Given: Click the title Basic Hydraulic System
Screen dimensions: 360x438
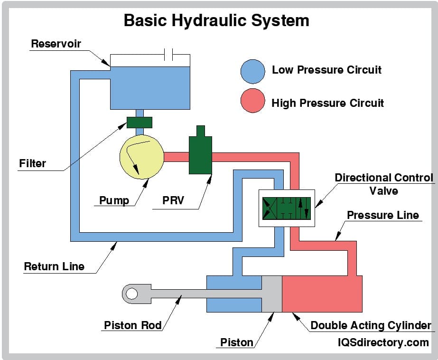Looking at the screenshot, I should coord(216,20).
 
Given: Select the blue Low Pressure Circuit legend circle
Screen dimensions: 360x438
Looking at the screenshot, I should coord(252,71).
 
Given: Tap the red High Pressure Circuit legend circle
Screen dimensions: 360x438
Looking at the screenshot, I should coord(252,101).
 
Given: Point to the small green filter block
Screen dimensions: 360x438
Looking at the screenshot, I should coord(140,122).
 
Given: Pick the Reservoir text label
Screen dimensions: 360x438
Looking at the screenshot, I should coord(56,44).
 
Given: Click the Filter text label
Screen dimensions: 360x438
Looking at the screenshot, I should coord(33,164).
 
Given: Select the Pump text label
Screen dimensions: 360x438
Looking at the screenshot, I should coord(114,200).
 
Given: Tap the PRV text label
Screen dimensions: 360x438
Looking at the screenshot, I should coord(173,200).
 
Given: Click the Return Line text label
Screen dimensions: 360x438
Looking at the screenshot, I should coord(54,266).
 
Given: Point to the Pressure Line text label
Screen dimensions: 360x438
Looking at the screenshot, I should coord(382,215).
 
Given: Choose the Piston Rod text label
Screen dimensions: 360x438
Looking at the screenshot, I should coord(133,326).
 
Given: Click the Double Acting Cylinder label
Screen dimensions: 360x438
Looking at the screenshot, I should coord(371,326).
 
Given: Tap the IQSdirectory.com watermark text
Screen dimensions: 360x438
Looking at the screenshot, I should coord(383,342).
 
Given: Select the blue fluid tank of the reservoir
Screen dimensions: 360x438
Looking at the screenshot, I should coord(150,87).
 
